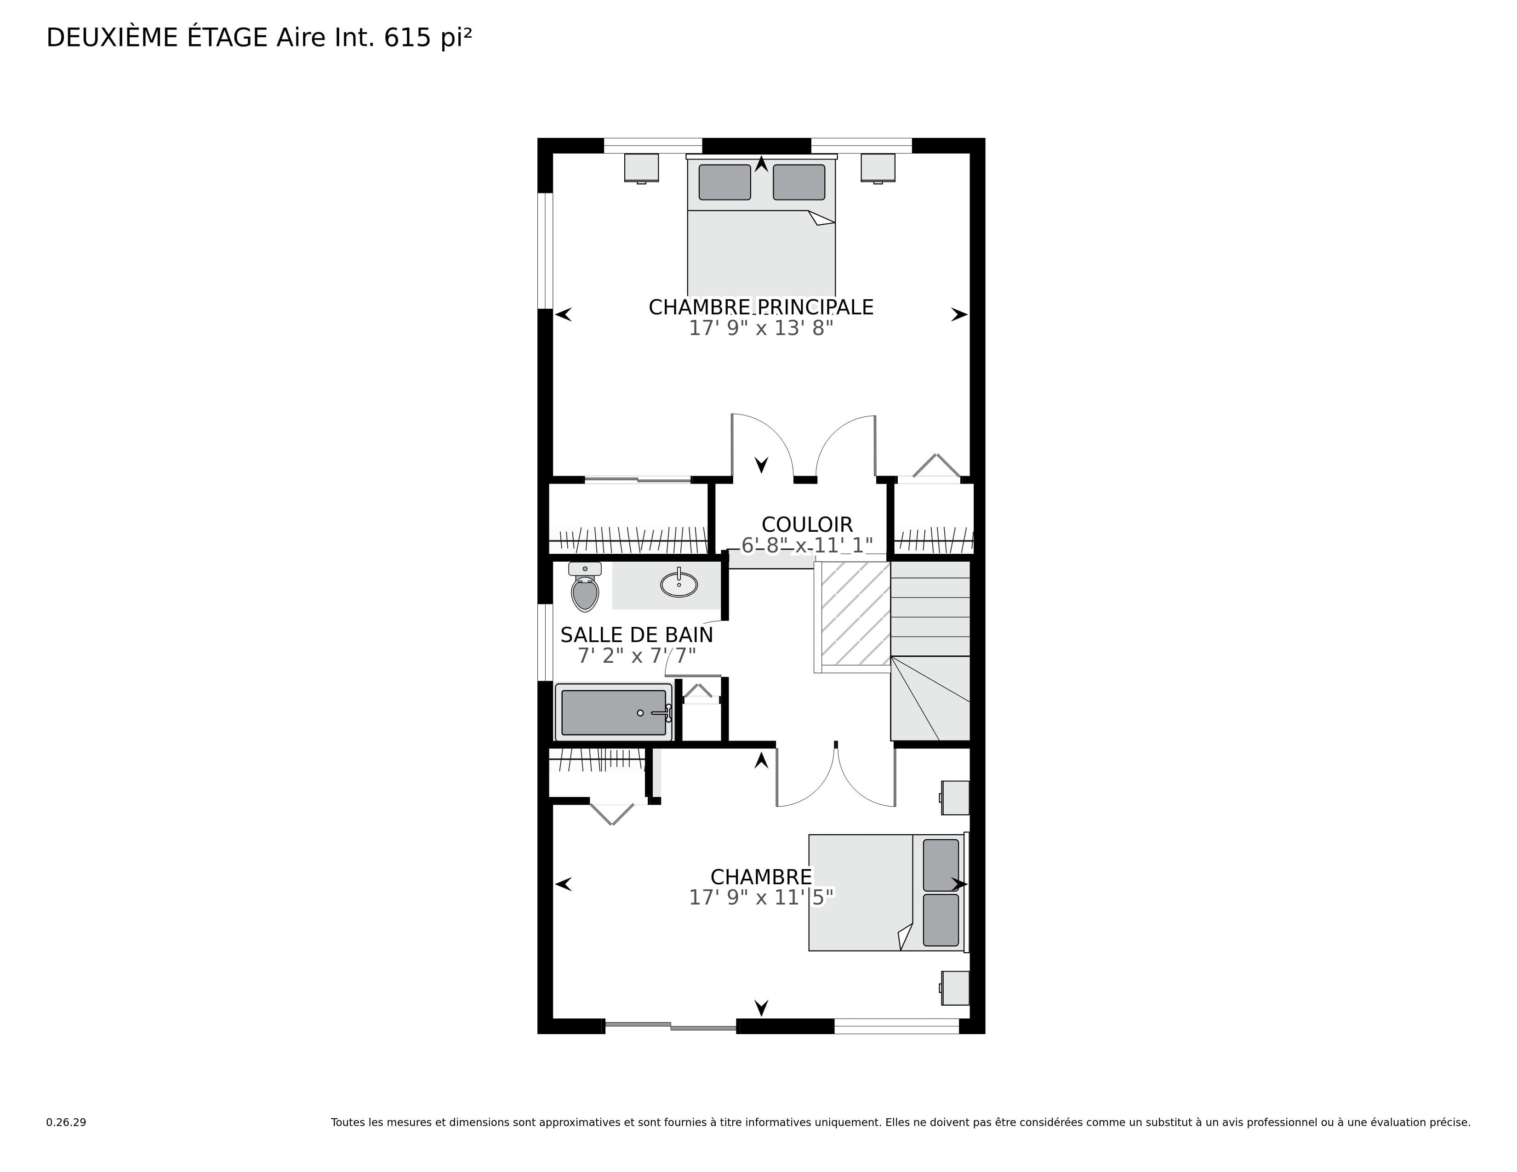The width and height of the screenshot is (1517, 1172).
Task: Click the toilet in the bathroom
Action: tap(585, 587)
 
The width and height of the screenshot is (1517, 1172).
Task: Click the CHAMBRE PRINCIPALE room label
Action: tap(761, 307)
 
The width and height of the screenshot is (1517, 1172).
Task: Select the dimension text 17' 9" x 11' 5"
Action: tap(761, 898)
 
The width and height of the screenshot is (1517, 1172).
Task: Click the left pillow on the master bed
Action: tap(724, 182)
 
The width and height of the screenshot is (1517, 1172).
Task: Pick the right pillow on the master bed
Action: tap(799, 182)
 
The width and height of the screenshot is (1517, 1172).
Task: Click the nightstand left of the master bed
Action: tap(641, 168)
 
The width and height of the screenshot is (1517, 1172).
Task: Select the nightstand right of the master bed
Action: tap(878, 168)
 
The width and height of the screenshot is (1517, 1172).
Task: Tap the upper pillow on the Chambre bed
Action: tap(941, 865)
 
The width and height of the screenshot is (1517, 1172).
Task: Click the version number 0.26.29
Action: tap(66, 1122)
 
